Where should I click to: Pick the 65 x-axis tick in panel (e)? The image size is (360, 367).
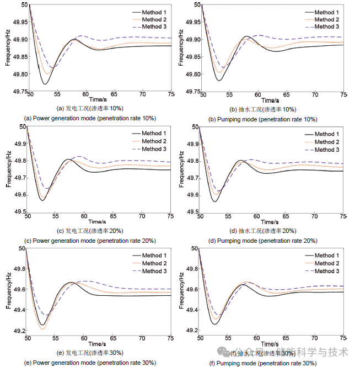click(114, 338)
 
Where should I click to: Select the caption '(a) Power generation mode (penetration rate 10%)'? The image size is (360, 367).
click(90, 118)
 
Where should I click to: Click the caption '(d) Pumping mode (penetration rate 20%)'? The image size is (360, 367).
click(264, 240)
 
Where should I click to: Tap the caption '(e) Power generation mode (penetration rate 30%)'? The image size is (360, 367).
click(90, 363)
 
